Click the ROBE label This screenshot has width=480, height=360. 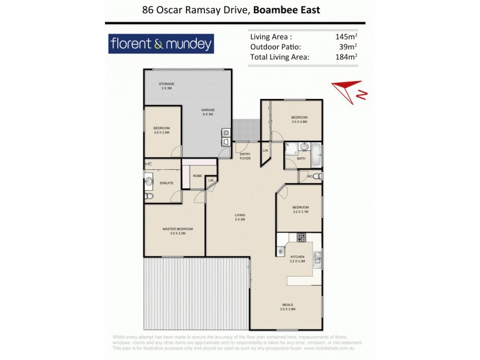[197, 175]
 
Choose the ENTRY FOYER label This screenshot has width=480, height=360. [245, 157]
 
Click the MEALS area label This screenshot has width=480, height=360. [287, 307]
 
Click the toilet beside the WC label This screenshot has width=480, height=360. [318, 176]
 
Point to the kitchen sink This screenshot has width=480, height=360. [319, 259]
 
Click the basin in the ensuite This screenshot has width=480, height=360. [148, 180]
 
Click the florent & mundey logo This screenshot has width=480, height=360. [160, 44]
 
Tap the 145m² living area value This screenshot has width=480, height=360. [347, 37]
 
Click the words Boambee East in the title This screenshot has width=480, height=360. [287, 10]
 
